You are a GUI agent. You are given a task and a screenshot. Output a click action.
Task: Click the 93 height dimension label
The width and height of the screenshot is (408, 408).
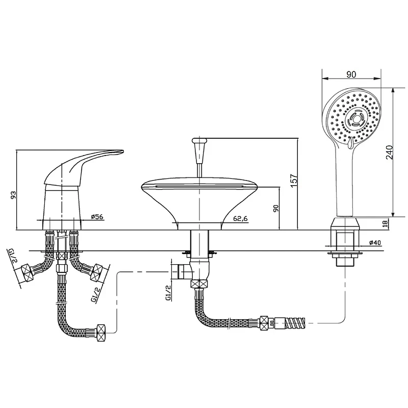coord(13,195)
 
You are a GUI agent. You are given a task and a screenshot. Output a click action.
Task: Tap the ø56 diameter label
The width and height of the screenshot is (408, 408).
coord(97,216)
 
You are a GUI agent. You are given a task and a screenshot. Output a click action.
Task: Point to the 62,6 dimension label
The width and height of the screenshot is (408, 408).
coord(240,219)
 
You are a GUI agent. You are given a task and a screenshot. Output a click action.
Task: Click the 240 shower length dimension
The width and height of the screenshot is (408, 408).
coord(389,152)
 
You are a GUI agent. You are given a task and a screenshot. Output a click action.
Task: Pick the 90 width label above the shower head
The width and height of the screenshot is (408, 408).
coord(351,74)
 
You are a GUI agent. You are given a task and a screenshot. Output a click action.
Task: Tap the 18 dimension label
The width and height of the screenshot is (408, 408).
coord(386,223)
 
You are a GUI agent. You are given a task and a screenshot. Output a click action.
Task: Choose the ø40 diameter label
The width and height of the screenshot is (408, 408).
coord(375,243)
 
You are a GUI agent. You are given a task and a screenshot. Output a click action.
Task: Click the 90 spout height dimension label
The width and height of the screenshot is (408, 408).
coord(276,208)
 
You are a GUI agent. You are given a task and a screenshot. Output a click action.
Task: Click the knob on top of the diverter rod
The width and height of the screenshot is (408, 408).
coord(199,141)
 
